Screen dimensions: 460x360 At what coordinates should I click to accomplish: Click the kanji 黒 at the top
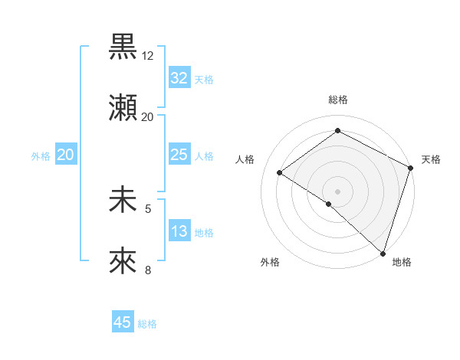tap(123, 47)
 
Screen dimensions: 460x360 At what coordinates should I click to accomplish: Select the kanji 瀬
tap(123, 108)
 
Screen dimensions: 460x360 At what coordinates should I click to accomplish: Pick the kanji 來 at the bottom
tap(123, 261)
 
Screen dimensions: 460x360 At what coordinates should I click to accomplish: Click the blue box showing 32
tap(179, 78)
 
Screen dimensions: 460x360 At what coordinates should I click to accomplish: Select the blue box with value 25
tap(179, 155)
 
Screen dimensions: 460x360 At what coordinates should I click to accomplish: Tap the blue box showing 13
tap(179, 231)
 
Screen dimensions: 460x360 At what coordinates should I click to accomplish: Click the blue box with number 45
tap(123, 322)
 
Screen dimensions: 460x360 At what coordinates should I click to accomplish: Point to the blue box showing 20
tap(66, 155)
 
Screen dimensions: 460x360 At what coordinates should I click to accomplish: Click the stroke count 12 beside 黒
tap(148, 56)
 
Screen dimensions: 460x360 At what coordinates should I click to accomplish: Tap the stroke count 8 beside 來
tap(148, 270)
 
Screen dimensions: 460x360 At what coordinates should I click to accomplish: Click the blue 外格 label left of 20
tap(41, 156)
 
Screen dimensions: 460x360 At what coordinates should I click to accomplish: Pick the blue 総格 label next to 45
tap(147, 324)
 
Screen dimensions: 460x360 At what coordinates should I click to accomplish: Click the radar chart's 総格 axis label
tap(337, 100)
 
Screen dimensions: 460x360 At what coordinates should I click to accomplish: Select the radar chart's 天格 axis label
tap(431, 159)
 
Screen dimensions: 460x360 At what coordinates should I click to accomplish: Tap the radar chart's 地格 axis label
tap(402, 263)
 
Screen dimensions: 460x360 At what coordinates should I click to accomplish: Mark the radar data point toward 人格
tap(280, 172)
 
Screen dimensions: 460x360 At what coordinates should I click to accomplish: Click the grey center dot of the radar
tap(337, 191)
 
